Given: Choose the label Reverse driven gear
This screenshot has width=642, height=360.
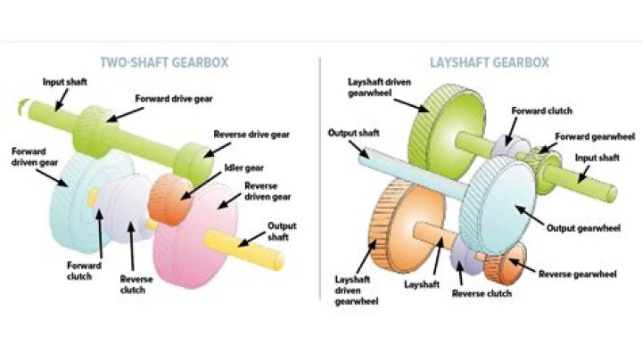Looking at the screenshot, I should [267, 192].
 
